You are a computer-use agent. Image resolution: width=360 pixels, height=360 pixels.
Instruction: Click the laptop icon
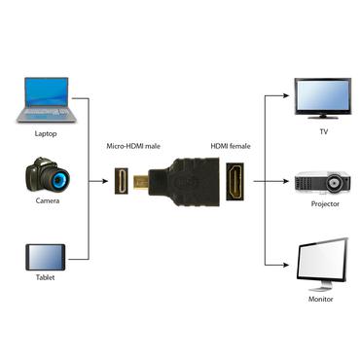(x=44, y=100)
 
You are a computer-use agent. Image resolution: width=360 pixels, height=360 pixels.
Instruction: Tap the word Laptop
(x=45, y=133)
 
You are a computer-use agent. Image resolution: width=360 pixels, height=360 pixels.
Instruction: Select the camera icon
(x=45, y=179)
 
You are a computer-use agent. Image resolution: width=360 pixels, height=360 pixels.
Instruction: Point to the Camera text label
(x=45, y=202)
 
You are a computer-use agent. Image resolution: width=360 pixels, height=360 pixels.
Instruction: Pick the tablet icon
(x=44, y=257)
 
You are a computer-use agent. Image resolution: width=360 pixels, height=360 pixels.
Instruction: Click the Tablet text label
(x=45, y=278)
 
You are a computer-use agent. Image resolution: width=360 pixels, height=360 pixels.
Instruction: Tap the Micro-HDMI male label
(x=132, y=146)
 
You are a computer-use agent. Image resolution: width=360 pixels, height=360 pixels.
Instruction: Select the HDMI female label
(x=232, y=146)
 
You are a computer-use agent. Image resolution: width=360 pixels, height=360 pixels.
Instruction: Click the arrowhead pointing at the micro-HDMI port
(x=106, y=181)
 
